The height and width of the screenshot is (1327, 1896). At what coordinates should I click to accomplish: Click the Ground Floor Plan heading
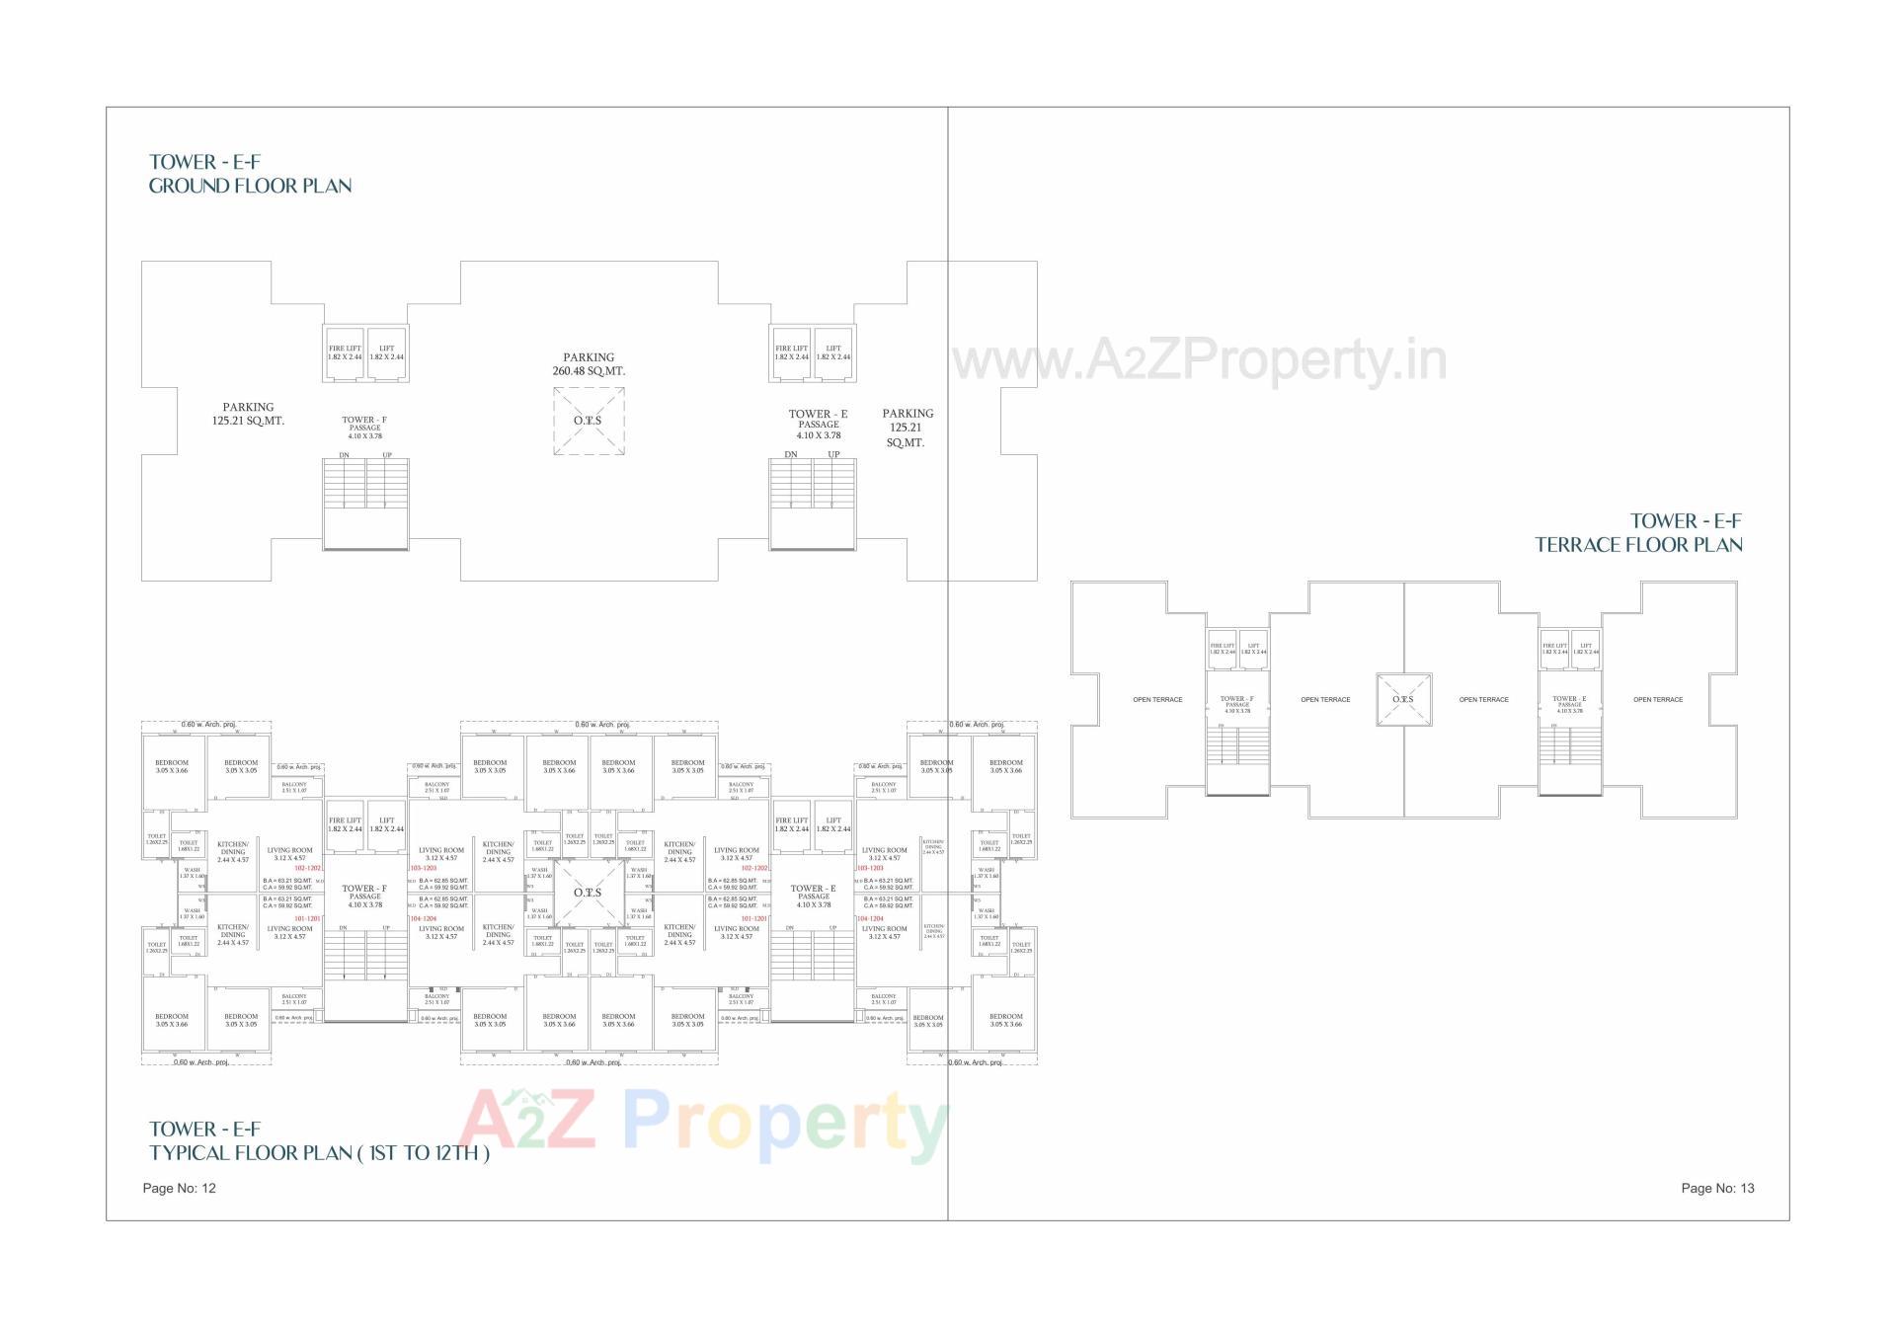pos(250,175)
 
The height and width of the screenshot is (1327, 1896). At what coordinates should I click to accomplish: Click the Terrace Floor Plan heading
pos(1638,533)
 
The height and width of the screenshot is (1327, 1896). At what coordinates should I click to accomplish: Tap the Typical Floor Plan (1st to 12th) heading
pos(318,1141)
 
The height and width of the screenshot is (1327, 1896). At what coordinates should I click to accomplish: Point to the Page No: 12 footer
pos(179,1188)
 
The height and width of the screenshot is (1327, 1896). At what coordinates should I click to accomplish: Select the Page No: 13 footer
pos(1717,1188)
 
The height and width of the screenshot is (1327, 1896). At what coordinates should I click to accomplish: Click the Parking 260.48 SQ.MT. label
pos(589,364)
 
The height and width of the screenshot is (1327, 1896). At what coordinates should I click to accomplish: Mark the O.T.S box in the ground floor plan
pos(588,421)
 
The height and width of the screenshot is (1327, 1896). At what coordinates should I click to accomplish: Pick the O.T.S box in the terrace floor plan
pos(1403,700)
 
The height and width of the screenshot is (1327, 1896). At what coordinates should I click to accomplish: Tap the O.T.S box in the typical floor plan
pos(588,893)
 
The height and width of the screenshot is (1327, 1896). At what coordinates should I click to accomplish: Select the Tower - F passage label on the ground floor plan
pos(364,427)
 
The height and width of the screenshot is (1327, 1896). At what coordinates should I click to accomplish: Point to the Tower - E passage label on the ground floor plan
pos(818,424)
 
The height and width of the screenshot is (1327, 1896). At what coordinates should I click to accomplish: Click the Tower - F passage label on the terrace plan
pos(1236,704)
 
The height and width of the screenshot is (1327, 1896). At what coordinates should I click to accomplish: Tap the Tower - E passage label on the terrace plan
pos(1569,704)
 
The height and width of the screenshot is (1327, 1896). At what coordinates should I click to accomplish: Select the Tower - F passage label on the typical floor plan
pos(364,896)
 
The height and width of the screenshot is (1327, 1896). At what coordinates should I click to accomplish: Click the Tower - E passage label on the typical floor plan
pos(813,896)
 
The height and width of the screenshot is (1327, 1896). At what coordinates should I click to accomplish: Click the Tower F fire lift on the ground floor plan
pos(345,352)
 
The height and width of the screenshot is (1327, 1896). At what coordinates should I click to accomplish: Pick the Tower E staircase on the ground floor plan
pos(812,499)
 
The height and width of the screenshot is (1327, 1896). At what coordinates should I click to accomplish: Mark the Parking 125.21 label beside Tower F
pos(248,414)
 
